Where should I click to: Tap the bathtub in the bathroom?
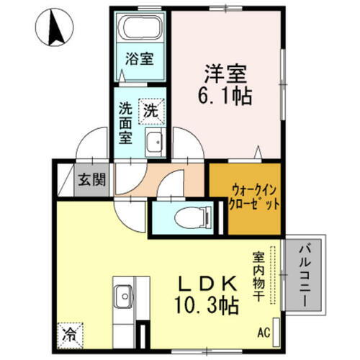(140, 29)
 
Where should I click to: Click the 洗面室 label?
(125, 123)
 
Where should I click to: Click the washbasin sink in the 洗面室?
(153, 143)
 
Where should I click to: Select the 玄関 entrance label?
(91, 178)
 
